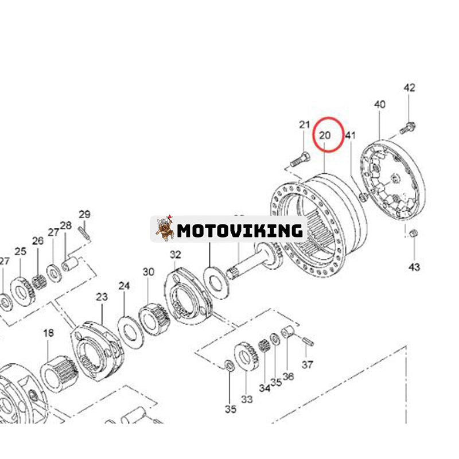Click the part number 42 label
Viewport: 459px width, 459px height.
(409, 88)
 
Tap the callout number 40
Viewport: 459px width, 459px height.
(380, 104)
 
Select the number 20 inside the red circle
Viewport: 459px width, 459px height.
(325, 135)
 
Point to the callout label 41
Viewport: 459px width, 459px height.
(350, 135)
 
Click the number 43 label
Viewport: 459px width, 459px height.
(414, 267)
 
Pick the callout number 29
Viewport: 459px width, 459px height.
(84, 214)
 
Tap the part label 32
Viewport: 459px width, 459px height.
(176, 255)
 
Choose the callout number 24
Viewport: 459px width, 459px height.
(124, 286)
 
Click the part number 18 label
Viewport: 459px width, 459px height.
(49, 333)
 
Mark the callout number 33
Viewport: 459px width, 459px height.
(247, 399)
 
